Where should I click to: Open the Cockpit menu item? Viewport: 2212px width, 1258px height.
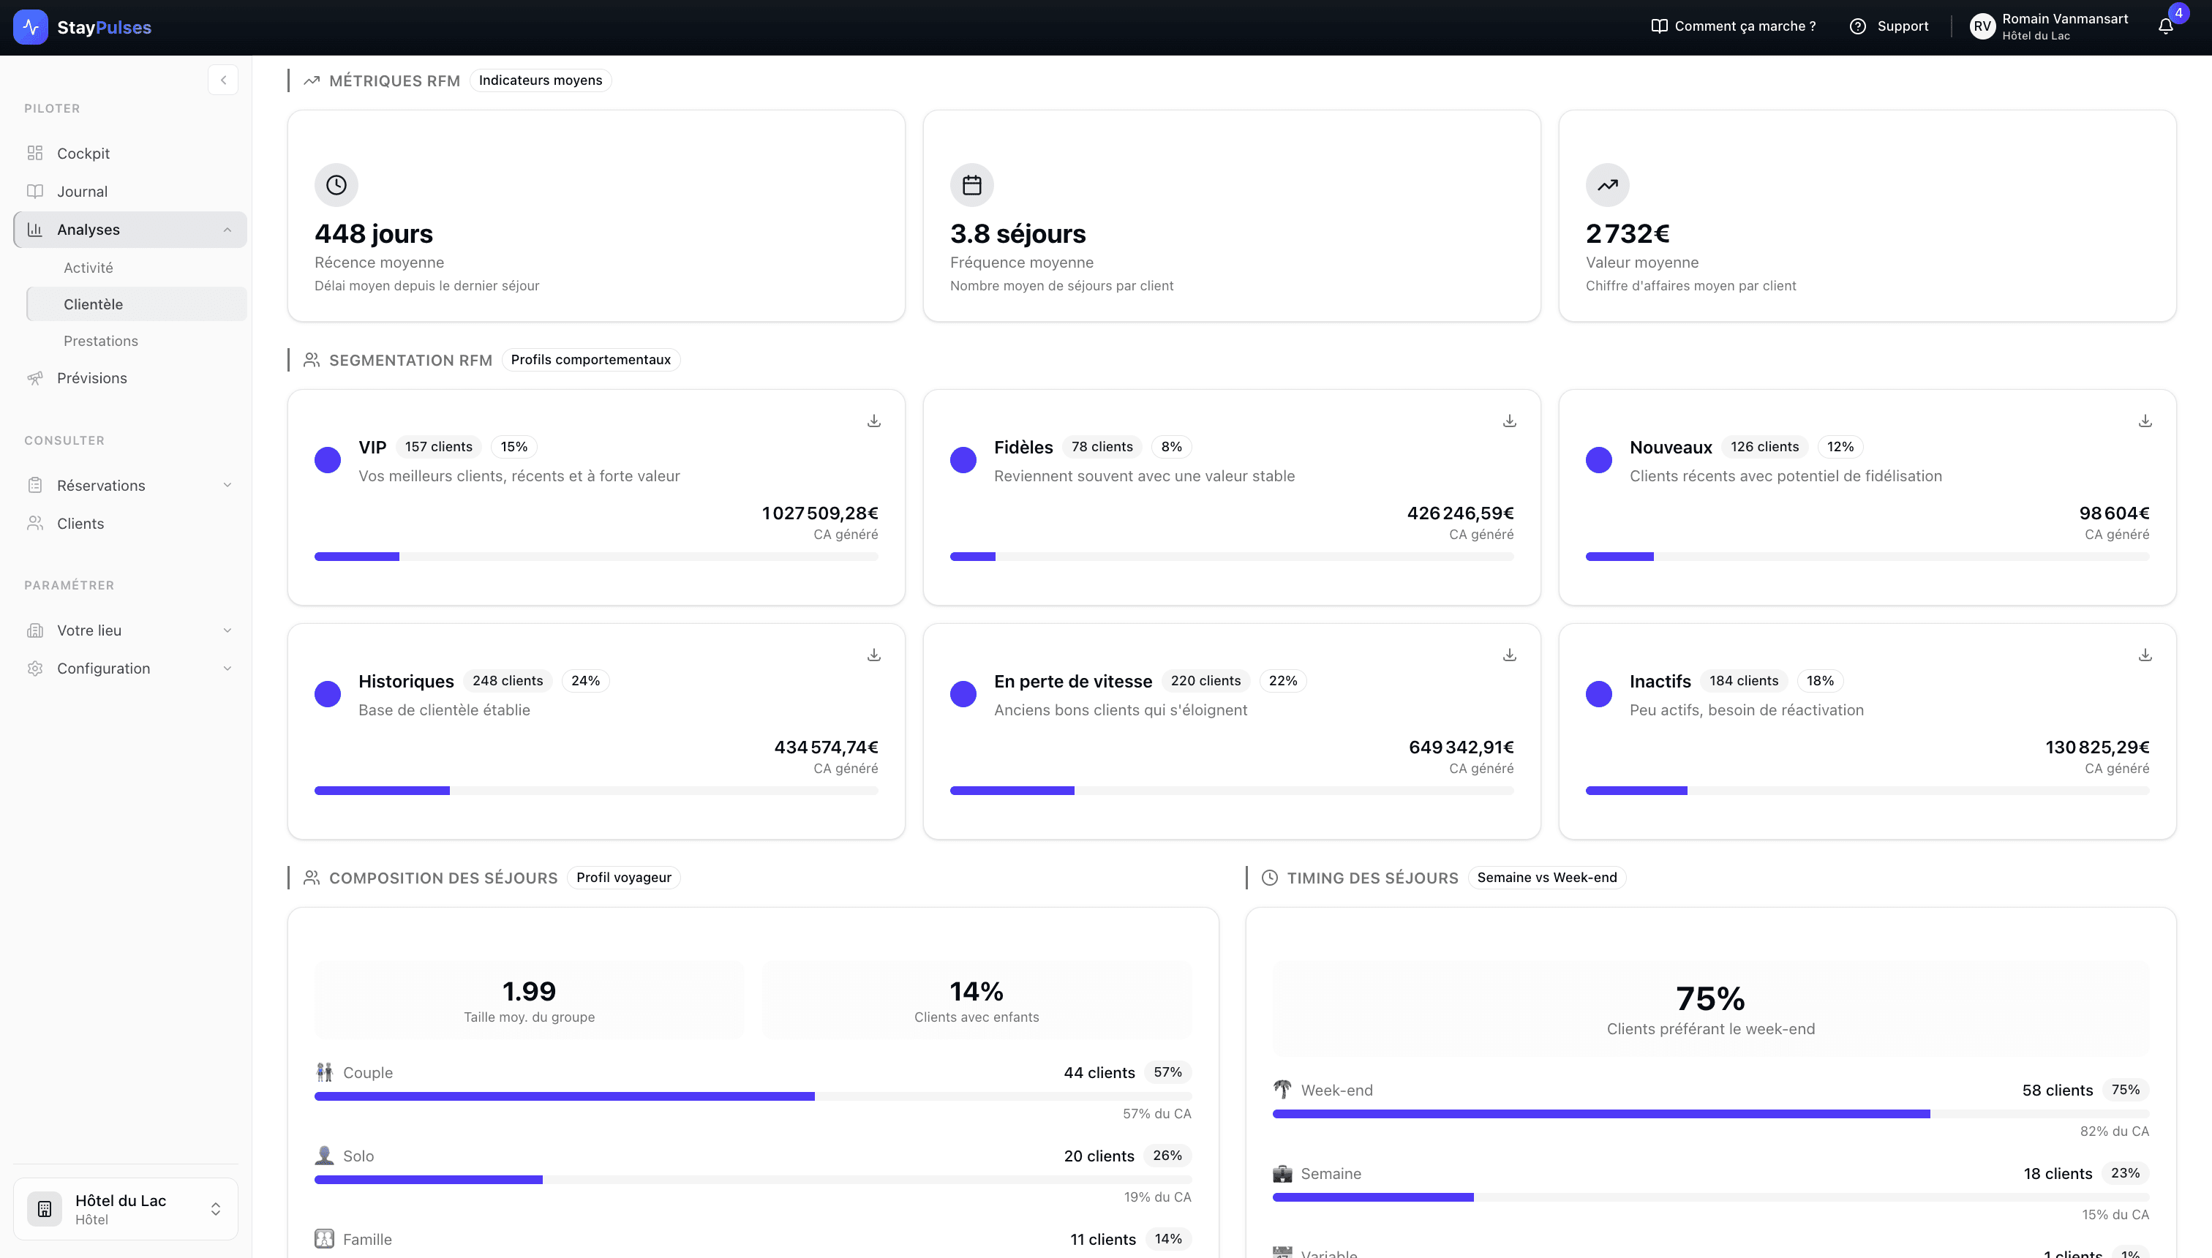tap(83, 153)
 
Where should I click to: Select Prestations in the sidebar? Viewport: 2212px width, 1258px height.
tap(100, 340)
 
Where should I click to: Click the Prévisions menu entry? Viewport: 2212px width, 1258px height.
tap(91, 377)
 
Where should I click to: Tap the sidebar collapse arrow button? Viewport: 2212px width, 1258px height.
tap(223, 80)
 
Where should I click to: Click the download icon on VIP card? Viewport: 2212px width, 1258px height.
tap(873, 421)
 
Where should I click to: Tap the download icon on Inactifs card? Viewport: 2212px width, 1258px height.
tap(2145, 655)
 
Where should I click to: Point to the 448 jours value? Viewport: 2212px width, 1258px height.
tap(373, 233)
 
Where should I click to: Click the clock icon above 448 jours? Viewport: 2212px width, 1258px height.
tap(336, 185)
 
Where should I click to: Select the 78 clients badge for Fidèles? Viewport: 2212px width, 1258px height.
tap(1102, 447)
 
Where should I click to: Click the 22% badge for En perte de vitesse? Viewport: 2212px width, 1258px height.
tap(1282, 681)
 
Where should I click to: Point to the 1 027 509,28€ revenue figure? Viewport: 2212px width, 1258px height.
tap(819, 513)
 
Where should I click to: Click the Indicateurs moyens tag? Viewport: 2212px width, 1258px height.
tap(540, 80)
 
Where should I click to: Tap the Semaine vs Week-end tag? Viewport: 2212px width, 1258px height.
tap(1546, 878)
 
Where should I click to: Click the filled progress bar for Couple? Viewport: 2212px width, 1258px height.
tap(563, 1096)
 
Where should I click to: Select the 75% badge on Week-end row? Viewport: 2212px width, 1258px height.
tap(2125, 1090)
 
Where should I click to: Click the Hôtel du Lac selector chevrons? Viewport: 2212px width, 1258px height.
tap(215, 1209)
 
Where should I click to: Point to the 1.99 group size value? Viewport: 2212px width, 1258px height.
tap(529, 991)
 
